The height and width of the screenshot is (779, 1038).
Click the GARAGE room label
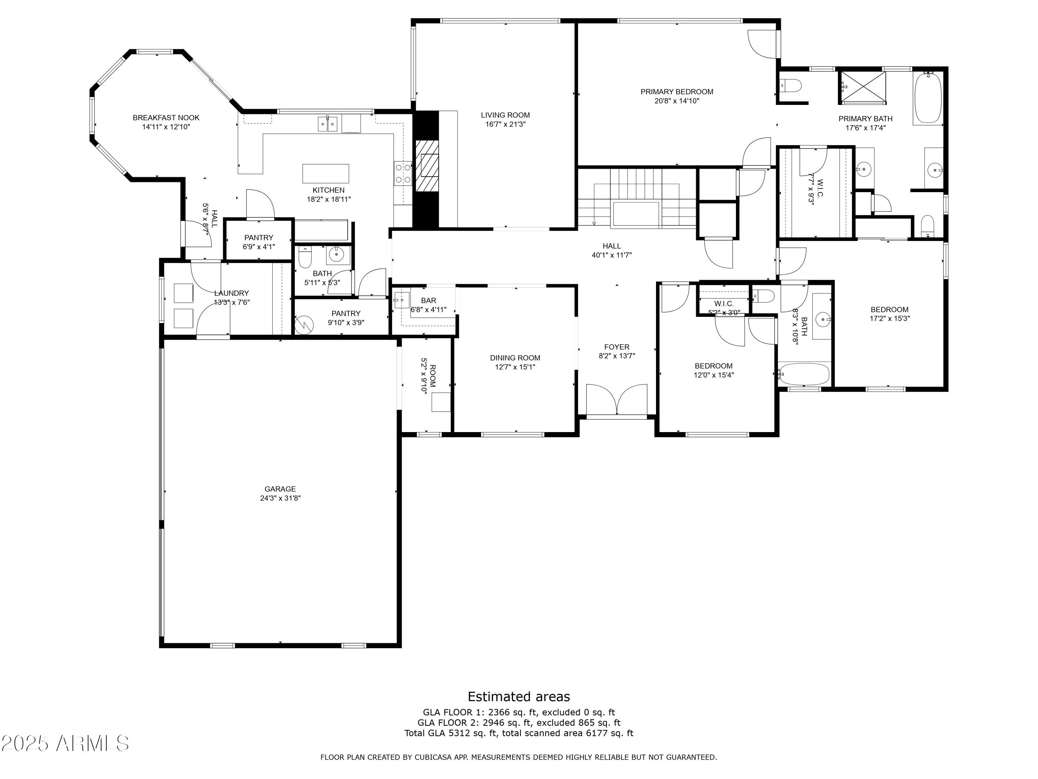click(280, 489)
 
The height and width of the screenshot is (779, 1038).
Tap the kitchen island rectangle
click(325, 173)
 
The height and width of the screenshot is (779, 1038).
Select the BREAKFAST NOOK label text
click(166, 118)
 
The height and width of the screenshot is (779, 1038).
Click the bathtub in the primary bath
click(927, 98)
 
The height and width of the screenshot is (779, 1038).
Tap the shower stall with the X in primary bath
click(863, 87)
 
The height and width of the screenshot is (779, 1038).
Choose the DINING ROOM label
click(515, 358)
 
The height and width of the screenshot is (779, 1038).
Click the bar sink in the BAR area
click(402, 299)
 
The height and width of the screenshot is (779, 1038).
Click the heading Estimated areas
click(519, 696)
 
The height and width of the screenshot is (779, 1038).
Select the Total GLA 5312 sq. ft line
click(519, 733)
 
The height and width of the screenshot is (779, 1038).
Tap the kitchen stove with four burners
click(402, 173)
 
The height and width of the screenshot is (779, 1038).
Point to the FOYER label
click(617, 347)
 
